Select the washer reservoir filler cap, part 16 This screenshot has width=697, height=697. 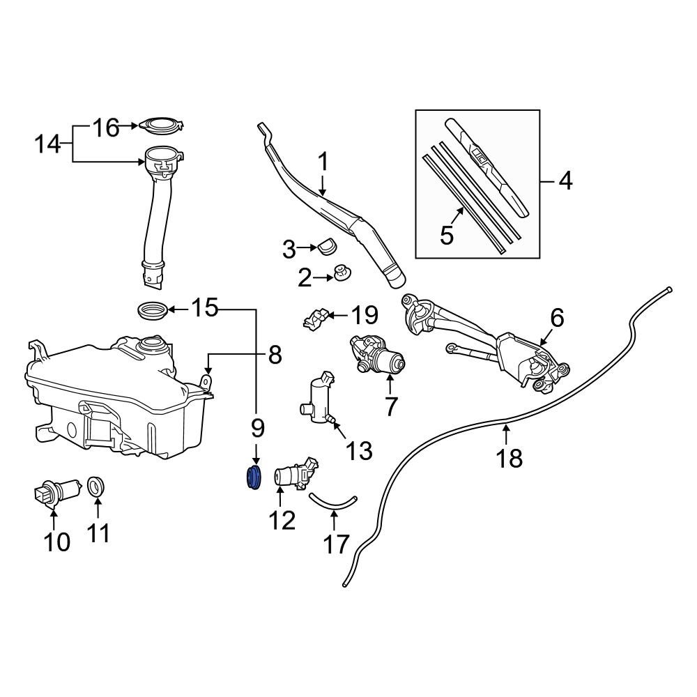pos(160,126)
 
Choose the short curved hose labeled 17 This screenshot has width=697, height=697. pos(332,500)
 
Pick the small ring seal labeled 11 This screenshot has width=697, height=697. pos(96,487)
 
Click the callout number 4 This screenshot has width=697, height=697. pos(565,181)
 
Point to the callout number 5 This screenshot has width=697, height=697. pos(447,235)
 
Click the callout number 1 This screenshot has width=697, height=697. pos(323,162)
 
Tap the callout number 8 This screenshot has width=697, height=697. pos(275,355)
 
